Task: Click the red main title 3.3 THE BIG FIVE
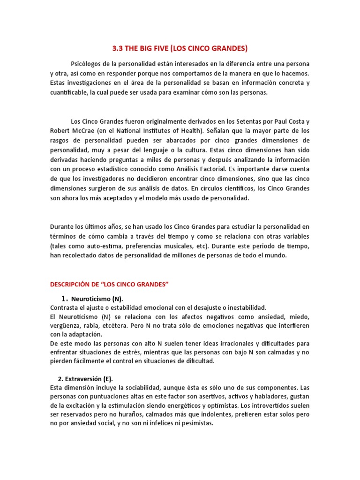[x=180, y=48]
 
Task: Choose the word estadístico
[x=126, y=169]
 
